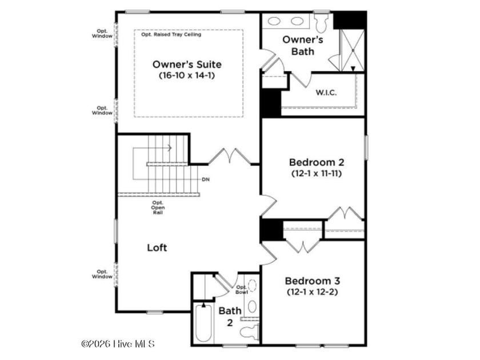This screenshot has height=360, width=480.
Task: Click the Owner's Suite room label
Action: (x=187, y=64)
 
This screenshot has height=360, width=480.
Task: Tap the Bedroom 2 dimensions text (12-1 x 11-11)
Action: (x=317, y=174)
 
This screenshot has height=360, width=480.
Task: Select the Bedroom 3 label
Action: (x=312, y=281)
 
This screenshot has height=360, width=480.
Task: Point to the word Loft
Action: (x=157, y=247)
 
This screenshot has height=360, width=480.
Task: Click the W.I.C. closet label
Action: (x=326, y=93)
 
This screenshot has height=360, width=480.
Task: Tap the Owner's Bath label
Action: (x=302, y=45)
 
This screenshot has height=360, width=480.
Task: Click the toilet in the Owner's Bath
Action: (x=321, y=22)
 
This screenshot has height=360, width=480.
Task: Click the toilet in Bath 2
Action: (x=250, y=331)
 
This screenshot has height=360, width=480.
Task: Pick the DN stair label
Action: (x=206, y=179)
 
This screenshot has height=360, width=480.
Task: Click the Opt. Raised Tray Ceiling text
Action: (x=171, y=34)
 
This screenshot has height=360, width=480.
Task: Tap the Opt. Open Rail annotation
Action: (x=158, y=207)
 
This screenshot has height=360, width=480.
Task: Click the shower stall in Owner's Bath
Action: (x=353, y=50)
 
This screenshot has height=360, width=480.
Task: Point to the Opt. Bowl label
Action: (x=242, y=290)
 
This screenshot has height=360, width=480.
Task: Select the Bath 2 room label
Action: (x=230, y=317)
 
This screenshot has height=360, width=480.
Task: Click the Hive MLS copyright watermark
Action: (x=118, y=344)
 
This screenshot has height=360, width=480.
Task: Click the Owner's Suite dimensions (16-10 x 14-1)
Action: (x=187, y=75)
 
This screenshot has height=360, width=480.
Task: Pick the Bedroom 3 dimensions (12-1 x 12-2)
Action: (x=312, y=292)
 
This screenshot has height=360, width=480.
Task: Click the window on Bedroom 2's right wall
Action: (x=366, y=147)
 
